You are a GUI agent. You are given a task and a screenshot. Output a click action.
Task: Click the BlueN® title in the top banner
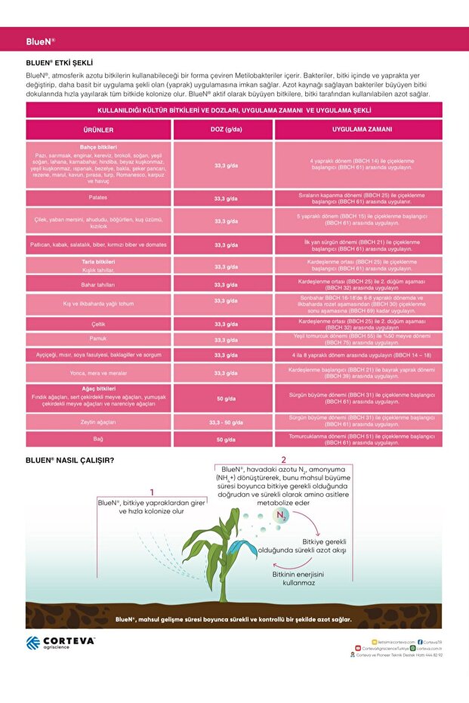click(x=40, y=41)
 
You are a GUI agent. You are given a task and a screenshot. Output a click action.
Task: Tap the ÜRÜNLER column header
click(x=98, y=129)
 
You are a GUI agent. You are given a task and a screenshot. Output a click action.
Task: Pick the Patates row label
click(x=98, y=198)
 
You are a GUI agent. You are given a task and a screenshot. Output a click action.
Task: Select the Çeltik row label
click(x=98, y=324)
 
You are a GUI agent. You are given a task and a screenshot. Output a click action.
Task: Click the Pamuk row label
click(x=98, y=338)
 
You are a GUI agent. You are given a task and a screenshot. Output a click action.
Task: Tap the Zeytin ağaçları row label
click(x=98, y=422)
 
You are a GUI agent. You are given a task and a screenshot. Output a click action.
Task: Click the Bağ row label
click(x=98, y=439)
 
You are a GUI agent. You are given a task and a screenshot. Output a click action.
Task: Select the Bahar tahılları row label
click(x=98, y=285)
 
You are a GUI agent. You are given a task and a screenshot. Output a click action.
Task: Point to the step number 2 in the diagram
click(x=283, y=459)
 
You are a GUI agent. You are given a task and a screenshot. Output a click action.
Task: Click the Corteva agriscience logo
click(x=60, y=643)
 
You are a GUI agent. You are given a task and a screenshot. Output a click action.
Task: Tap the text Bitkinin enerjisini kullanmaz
click(x=298, y=578)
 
